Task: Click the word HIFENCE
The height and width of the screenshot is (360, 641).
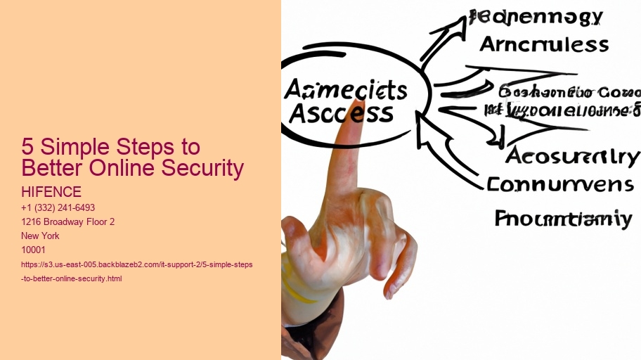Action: click(x=52, y=192)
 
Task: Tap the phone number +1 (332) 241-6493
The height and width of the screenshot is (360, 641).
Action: click(x=58, y=207)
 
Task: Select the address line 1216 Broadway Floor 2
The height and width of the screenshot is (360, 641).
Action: click(x=68, y=221)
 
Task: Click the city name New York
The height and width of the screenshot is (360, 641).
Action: click(x=41, y=236)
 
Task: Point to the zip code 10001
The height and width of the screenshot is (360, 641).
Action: click(x=33, y=250)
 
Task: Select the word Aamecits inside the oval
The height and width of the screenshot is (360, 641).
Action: click(x=346, y=90)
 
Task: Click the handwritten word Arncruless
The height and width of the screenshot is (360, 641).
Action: click(x=543, y=44)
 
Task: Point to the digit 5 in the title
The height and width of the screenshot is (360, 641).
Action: click(x=27, y=148)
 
